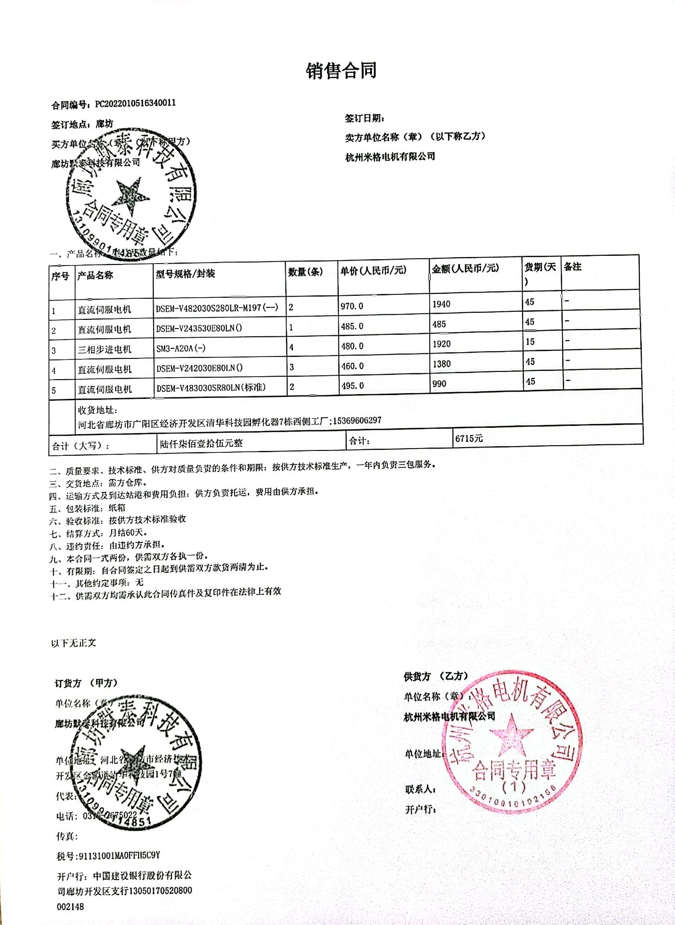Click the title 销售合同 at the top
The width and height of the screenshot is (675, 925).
(341, 71)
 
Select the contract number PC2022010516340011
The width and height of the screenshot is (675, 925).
(135, 103)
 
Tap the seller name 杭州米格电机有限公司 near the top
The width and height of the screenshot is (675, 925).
(390, 157)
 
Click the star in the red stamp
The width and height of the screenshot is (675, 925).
(511, 734)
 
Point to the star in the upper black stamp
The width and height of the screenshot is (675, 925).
(130, 196)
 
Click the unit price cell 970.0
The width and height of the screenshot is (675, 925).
(352, 306)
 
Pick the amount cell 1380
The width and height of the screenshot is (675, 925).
(441, 364)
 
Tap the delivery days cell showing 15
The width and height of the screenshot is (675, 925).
(530, 342)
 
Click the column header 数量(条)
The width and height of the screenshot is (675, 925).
(305, 272)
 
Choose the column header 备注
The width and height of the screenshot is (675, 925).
(573, 267)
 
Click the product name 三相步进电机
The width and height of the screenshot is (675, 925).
(105, 349)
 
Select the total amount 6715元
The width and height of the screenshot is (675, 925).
(469, 438)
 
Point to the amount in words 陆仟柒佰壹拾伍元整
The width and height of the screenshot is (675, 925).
(201, 443)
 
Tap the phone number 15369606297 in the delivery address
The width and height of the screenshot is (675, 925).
(357, 421)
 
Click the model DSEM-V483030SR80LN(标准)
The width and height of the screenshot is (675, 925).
(211, 387)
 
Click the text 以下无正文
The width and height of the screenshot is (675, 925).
(74, 643)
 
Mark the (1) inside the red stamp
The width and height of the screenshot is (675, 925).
(514, 787)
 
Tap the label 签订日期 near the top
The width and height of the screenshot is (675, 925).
(365, 119)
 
